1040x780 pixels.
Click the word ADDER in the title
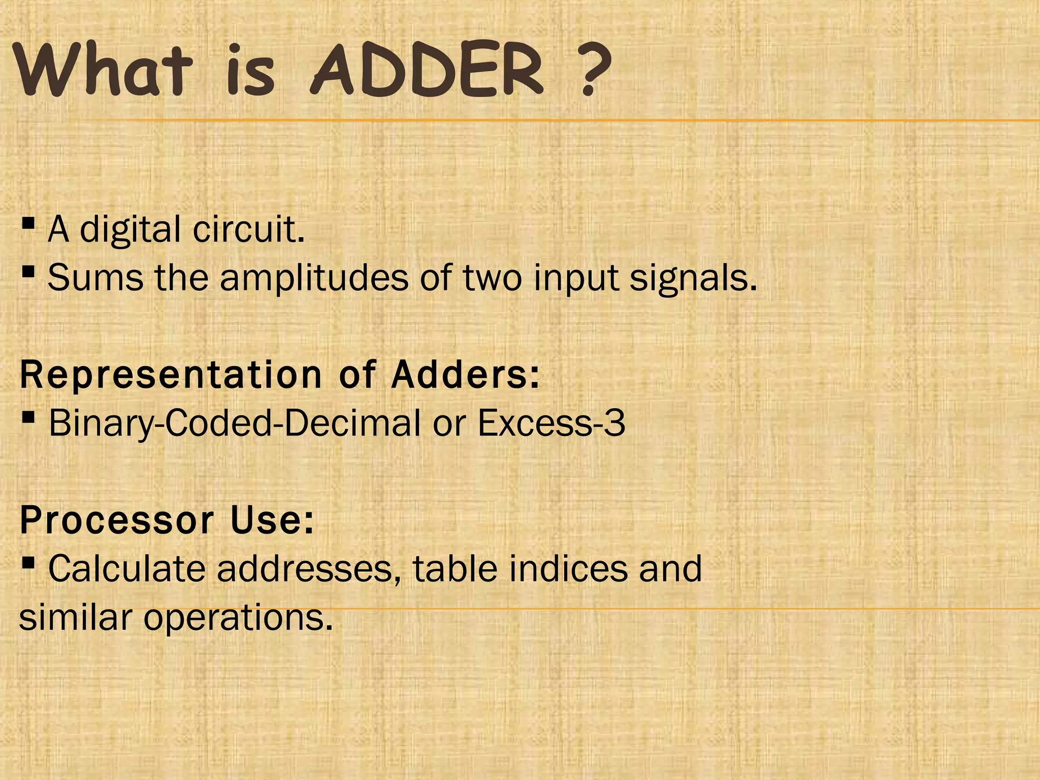(427, 71)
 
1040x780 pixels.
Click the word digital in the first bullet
(131, 230)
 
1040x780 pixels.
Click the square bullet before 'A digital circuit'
(28, 223)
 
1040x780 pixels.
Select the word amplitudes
(314, 279)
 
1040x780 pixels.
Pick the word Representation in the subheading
(171, 375)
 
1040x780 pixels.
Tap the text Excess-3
(551, 422)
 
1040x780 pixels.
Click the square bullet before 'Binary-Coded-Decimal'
(28, 417)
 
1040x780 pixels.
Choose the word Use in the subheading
(272, 521)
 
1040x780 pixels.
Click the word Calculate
(127, 569)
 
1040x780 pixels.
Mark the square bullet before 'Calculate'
(28, 563)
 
